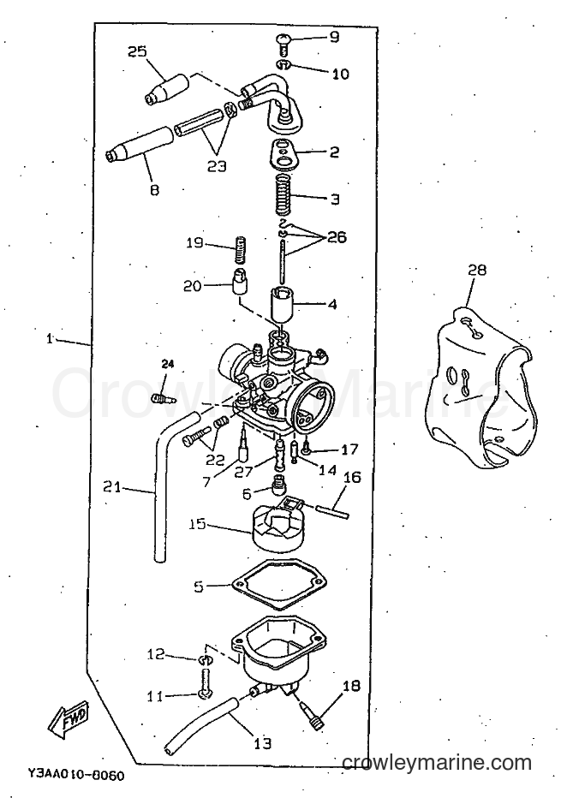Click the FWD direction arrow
(x=69, y=721)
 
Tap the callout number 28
(x=477, y=269)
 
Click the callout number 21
(x=112, y=487)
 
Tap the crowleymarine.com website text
(x=437, y=762)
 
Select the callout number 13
(x=263, y=742)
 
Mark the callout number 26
(x=337, y=236)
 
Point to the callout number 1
(x=50, y=338)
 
